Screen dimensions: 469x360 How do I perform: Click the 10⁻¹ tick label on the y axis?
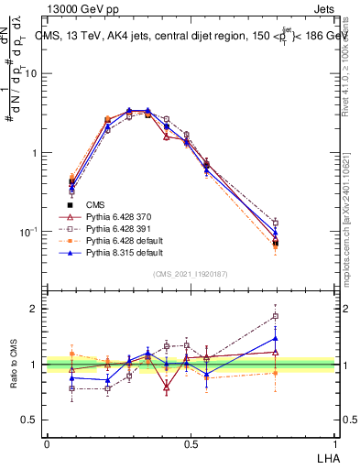coord(30,232)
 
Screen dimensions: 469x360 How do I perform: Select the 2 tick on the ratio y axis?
coord(37,310)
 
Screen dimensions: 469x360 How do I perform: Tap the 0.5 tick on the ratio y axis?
coord(31,420)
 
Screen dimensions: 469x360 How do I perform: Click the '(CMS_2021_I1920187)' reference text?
coord(190,274)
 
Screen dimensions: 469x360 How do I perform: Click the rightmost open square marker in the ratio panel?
coord(276,317)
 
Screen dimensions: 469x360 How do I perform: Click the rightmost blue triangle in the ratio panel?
coord(276,338)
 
